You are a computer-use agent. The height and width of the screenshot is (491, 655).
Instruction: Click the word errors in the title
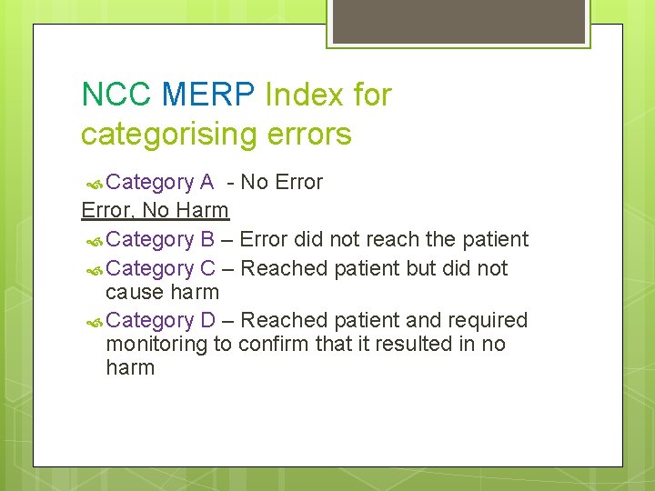pyautogui.click(x=309, y=135)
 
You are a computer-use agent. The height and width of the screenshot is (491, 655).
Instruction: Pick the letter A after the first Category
pyautogui.click(x=207, y=182)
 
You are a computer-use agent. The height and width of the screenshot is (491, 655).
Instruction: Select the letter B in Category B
pyautogui.click(x=207, y=239)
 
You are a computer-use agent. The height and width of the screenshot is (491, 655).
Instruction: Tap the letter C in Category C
pyautogui.click(x=207, y=268)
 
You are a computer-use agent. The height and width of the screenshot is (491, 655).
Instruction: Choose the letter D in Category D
pyautogui.click(x=207, y=320)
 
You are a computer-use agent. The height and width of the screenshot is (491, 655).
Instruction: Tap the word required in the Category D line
pyautogui.click(x=489, y=320)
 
